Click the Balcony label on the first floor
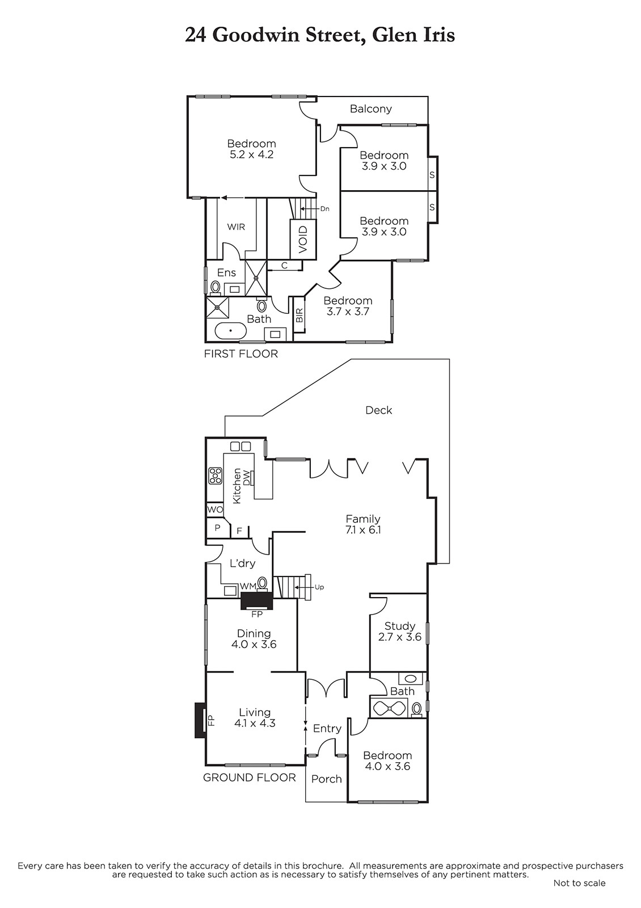[x=371, y=108]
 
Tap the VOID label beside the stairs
[x=303, y=239]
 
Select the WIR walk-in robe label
[x=236, y=227]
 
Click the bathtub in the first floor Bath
[x=230, y=330]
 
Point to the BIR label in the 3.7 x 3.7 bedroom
[x=300, y=315]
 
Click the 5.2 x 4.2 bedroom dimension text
[x=252, y=154]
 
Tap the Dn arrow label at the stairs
[x=324, y=209]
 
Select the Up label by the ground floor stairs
[x=319, y=587]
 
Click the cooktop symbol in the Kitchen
[x=215, y=476]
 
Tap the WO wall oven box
[x=215, y=510]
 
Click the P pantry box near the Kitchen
[x=217, y=528]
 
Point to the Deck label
[x=379, y=410]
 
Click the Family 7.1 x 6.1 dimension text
[x=364, y=530]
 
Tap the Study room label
[x=400, y=626]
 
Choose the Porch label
[x=327, y=779]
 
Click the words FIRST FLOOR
[x=241, y=354]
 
